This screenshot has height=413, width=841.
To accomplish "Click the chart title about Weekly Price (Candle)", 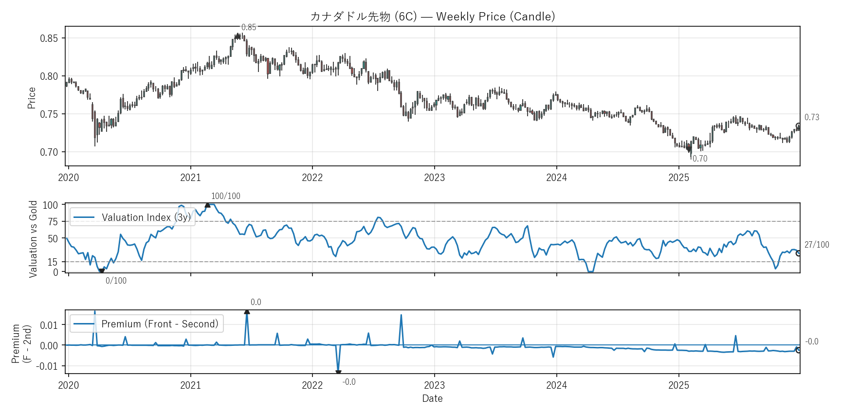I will tap(433, 17).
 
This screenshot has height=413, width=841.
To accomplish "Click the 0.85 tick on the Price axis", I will tap(49, 38).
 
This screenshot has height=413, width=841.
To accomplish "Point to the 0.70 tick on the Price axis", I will tap(49, 152).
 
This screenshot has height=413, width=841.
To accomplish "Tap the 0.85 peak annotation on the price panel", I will tap(249, 27).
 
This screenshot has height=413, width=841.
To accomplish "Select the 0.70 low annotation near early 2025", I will tap(700, 159).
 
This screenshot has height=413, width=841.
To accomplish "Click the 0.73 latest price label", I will tap(812, 117).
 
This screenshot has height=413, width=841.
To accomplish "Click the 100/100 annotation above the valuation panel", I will tap(226, 196).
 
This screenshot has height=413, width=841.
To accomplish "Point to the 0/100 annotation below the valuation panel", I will tap(116, 281).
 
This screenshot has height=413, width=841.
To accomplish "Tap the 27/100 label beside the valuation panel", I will tap(817, 245).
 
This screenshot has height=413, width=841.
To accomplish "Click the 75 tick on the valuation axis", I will tap(53, 222).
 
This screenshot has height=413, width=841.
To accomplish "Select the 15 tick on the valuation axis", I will tap(53, 262).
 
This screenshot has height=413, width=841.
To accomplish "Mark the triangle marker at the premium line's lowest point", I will tap(338, 373).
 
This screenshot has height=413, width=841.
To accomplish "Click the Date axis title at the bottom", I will tap(432, 398).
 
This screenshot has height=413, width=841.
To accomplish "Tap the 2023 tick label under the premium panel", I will tap(434, 385).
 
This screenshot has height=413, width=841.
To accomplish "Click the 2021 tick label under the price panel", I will tap(190, 178).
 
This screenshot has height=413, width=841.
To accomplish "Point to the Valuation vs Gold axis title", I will tap(33, 239).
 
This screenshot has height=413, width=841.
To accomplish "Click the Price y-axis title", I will tap(32, 98).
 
